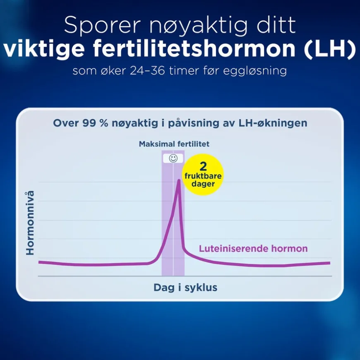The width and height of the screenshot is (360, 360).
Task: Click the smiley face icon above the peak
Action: pos(173,158)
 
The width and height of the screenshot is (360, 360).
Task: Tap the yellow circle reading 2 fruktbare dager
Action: pos(203,175)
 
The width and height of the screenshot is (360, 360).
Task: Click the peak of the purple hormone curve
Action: pos(179,180)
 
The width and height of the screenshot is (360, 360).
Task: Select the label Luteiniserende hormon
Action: pos(253,249)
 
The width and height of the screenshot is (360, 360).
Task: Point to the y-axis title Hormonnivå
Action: pos(30,223)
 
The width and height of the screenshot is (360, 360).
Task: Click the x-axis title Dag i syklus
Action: pos(185,288)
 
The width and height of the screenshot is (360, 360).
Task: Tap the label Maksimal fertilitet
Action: pos(174,144)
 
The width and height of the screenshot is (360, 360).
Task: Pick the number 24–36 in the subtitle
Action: pos(147,70)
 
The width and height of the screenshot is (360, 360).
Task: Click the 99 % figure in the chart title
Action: pos(95,123)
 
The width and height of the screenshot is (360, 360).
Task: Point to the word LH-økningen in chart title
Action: pos(273,123)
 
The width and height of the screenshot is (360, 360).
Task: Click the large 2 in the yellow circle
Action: pos(203,167)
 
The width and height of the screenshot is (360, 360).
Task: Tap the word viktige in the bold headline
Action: pos(43,50)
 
